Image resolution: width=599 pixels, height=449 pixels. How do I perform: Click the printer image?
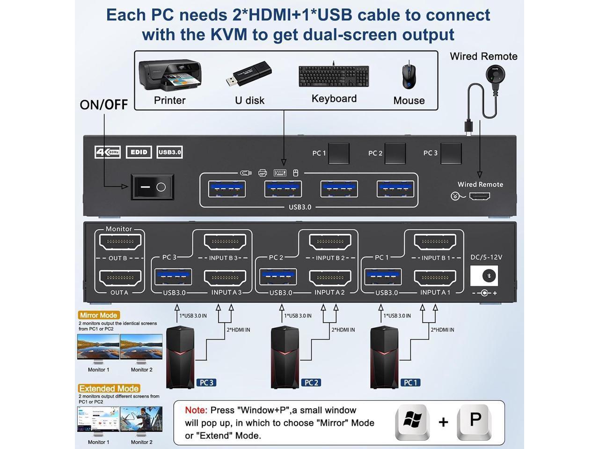click(x=169, y=75)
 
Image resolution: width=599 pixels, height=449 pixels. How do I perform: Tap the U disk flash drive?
click(x=249, y=74)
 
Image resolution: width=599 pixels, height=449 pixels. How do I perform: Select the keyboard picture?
click(x=334, y=76)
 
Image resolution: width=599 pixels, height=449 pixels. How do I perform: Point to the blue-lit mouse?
click(x=409, y=75)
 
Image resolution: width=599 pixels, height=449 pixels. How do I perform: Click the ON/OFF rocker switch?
click(x=153, y=187)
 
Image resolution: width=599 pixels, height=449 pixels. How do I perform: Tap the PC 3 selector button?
click(x=451, y=153)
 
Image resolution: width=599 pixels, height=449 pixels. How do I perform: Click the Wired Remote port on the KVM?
click(x=479, y=196)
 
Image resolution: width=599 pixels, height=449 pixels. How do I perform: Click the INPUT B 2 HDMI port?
click(x=330, y=242)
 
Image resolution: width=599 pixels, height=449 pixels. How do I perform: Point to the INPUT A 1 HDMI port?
click(x=435, y=277)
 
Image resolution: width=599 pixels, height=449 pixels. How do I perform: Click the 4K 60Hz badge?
click(x=108, y=152)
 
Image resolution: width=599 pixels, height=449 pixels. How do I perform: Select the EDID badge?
click(x=139, y=152)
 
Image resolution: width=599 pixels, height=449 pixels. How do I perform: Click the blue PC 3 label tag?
click(x=206, y=383)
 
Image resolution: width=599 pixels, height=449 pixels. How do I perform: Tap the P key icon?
click(x=475, y=422)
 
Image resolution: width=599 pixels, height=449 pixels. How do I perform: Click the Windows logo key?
click(x=413, y=422)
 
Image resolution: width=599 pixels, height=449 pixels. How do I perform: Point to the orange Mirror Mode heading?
click(x=99, y=315)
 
